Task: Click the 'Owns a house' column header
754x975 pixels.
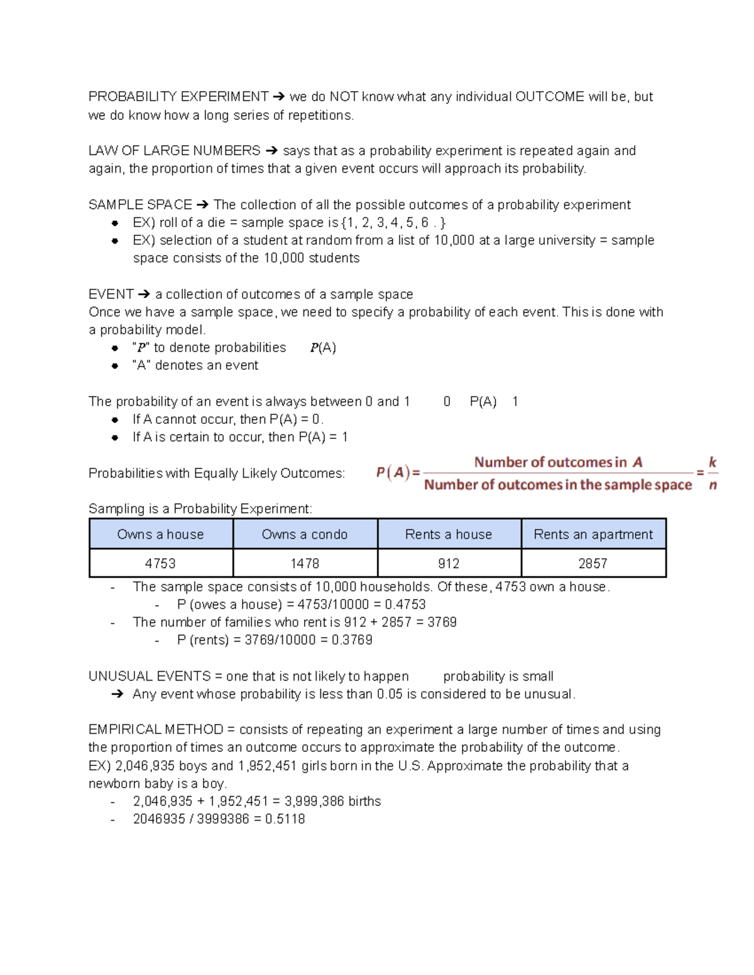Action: click(161, 534)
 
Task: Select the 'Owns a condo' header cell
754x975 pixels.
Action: click(305, 534)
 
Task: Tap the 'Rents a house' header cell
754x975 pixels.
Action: click(449, 534)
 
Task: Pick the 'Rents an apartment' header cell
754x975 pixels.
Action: click(593, 534)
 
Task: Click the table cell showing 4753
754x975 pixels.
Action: click(161, 564)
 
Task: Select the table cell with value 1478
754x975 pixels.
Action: click(305, 564)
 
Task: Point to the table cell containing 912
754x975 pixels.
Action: click(449, 564)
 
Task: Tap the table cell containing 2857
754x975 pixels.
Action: click(593, 564)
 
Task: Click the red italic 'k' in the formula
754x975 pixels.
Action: click(713, 463)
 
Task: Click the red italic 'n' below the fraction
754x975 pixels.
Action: click(713, 485)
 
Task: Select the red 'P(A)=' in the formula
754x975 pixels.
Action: click(398, 473)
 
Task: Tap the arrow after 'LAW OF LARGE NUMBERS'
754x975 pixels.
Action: click(271, 151)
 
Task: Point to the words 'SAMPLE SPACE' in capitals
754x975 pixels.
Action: click(140, 205)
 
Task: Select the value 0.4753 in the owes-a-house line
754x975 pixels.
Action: click(405, 605)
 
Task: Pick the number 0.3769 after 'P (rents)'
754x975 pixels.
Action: click(352, 640)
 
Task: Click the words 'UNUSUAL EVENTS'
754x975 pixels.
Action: click(150, 676)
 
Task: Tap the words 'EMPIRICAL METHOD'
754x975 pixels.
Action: click(156, 730)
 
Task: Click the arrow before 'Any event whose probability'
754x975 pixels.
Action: click(117, 694)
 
